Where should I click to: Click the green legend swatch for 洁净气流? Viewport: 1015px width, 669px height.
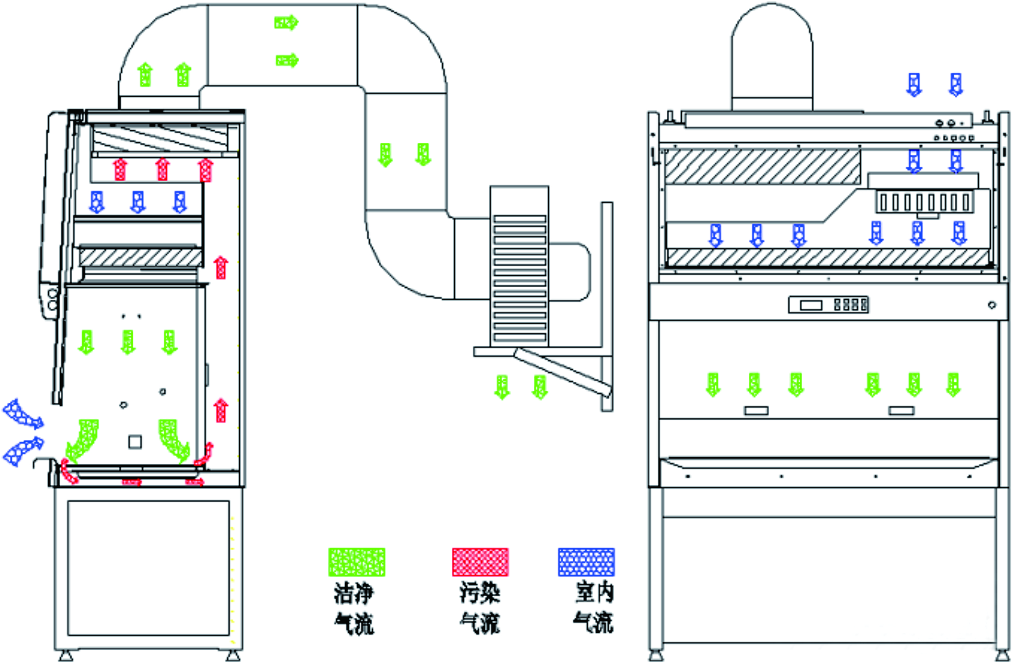tap(357, 562)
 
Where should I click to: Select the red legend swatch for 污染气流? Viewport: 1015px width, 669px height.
tap(480, 562)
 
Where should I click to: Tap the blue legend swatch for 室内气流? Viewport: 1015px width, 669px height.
tap(586, 562)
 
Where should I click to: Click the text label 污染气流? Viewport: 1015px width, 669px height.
tap(480, 608)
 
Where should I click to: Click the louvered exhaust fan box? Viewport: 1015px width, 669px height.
tap(519, 267)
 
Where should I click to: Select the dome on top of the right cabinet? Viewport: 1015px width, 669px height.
tap(772, 58)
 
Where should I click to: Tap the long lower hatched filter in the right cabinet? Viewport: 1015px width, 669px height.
tap(828, 257)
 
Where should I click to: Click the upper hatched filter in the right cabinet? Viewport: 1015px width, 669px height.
tap(762, 166)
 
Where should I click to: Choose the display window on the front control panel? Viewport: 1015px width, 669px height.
tap(811, 304)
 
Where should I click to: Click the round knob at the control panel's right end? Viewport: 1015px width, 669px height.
tap(992, 305)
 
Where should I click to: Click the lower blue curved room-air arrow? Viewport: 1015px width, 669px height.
tap(23, 450)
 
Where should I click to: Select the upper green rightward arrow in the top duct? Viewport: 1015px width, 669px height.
tap(286, 22)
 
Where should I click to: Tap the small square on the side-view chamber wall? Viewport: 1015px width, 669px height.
tap(135, 442)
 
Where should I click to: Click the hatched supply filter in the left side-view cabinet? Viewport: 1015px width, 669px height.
tap(140, 257)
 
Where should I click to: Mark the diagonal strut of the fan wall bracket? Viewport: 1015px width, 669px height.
tap(562, 372)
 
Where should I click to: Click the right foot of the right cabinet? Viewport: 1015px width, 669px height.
tap(1002, 655)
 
